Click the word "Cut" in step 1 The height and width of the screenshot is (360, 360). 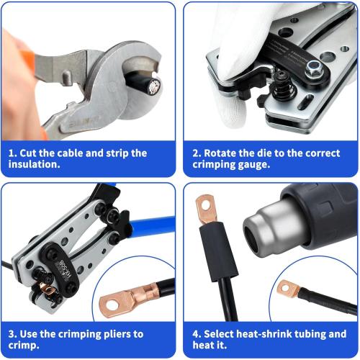(32, 153)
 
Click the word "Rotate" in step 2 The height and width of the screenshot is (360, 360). (223, 153)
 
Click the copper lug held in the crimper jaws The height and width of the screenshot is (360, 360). (48, 290)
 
